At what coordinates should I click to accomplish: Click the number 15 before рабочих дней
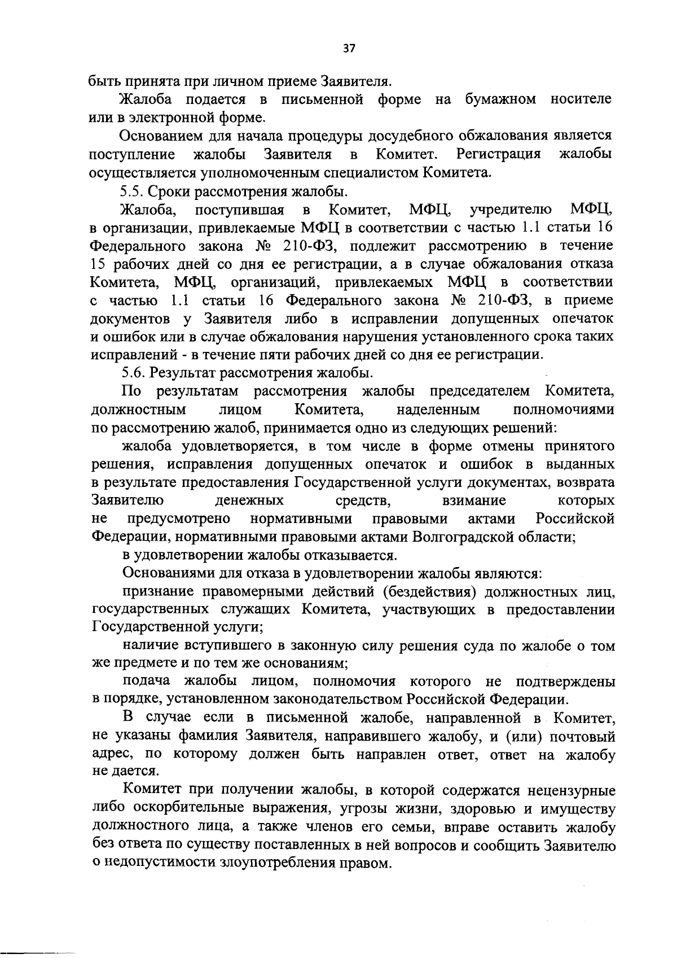pyautogui.click(x=99, y=264)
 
